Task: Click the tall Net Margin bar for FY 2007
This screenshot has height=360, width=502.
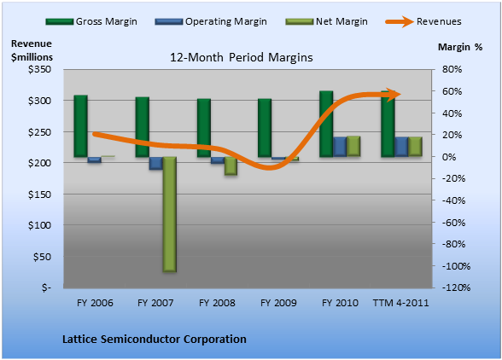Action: (x=169, y=214)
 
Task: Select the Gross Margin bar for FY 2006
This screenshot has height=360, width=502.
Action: (x=80, y=126)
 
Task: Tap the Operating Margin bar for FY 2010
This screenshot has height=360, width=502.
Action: (x=340, y=147)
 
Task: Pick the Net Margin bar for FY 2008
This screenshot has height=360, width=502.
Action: (x=231, y=165)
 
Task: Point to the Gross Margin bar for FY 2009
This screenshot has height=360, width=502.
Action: (x=265, y=128)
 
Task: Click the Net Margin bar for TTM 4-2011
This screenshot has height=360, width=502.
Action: (x=415, y=147)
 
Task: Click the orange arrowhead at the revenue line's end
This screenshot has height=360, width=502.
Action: (x=394, y=95)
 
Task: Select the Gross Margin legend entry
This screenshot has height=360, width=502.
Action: (x=91, y=21)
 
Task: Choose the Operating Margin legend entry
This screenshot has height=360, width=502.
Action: (x=211, y=21)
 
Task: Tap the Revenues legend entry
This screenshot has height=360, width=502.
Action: (x=423, y=21)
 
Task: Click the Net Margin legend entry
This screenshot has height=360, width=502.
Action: (x=326, y=21)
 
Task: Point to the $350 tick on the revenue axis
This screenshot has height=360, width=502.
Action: (x=39, y=69)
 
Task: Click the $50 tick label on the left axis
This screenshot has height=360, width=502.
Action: (x=43, y=257)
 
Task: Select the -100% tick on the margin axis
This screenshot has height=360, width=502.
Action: (x=456, y=266)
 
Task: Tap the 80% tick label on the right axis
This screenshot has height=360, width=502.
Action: (x=452, y=69)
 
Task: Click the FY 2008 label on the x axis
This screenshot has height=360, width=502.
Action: (x=217, y=303)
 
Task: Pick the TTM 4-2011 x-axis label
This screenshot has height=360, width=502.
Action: (x=400, y=303)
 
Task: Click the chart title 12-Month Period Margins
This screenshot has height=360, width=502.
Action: (x=242, y=57)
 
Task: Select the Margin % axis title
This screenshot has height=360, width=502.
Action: (x=460, y=47)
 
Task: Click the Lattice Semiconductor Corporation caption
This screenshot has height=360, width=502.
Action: (x=155, y=339)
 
